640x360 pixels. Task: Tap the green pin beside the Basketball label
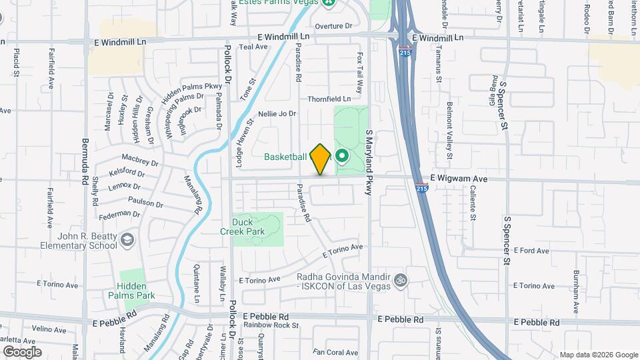[343, 157]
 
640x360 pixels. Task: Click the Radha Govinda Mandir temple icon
[399, 279]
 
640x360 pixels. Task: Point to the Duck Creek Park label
[243, 227]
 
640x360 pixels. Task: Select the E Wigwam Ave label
[459, 179]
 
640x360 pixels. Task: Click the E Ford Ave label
[531, 251]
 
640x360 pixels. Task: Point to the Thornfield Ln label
[329, 99]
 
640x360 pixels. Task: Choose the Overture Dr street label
[333, 26]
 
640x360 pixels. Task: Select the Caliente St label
[472, 203]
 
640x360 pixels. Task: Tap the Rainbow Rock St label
[271, 325]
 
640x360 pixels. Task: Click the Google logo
[22, 351]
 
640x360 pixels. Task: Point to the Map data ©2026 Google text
[599, 355]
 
